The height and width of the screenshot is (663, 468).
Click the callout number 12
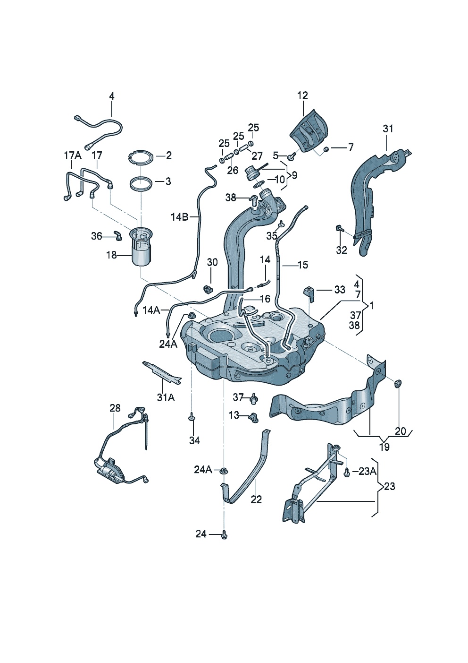(x=302, y=95)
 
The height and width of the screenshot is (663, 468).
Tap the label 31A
(x=166, y=397)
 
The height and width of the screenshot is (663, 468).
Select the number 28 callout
(x=115, y=408)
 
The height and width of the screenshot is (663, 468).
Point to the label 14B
(x=179, y=217)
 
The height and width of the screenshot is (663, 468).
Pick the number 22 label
(x=256, y=499)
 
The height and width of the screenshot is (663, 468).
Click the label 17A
(x=73, y=155)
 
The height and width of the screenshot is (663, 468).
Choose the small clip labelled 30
(x=208, y=288)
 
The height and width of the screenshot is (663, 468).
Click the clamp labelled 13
(x=255, y=417)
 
